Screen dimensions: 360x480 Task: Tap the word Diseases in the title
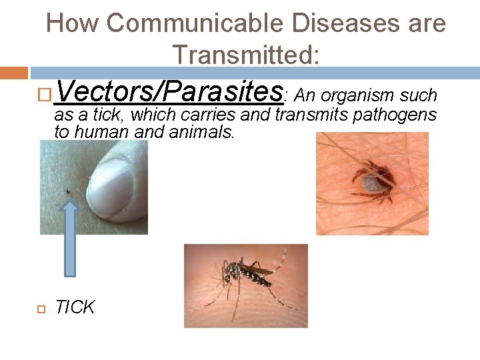(x=313, y=24)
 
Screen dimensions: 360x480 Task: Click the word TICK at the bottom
(x=75, y=307)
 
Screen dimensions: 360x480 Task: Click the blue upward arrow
(x=71, y=237)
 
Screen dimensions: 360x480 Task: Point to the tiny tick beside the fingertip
(x=69, y=193)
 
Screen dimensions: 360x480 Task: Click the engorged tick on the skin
(x=370, y=180)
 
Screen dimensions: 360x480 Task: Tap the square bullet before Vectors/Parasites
(x=44, y=95)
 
